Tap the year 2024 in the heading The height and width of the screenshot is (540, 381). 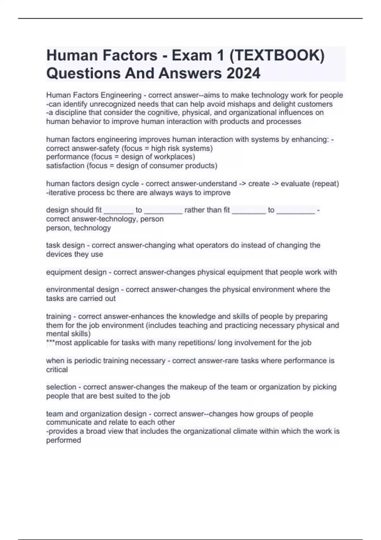243,73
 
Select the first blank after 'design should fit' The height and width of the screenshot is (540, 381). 118,210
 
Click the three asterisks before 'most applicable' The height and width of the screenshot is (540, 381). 50,343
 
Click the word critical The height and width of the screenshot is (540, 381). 57,370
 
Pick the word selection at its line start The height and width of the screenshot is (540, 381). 61,387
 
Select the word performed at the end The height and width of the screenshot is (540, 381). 63,440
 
